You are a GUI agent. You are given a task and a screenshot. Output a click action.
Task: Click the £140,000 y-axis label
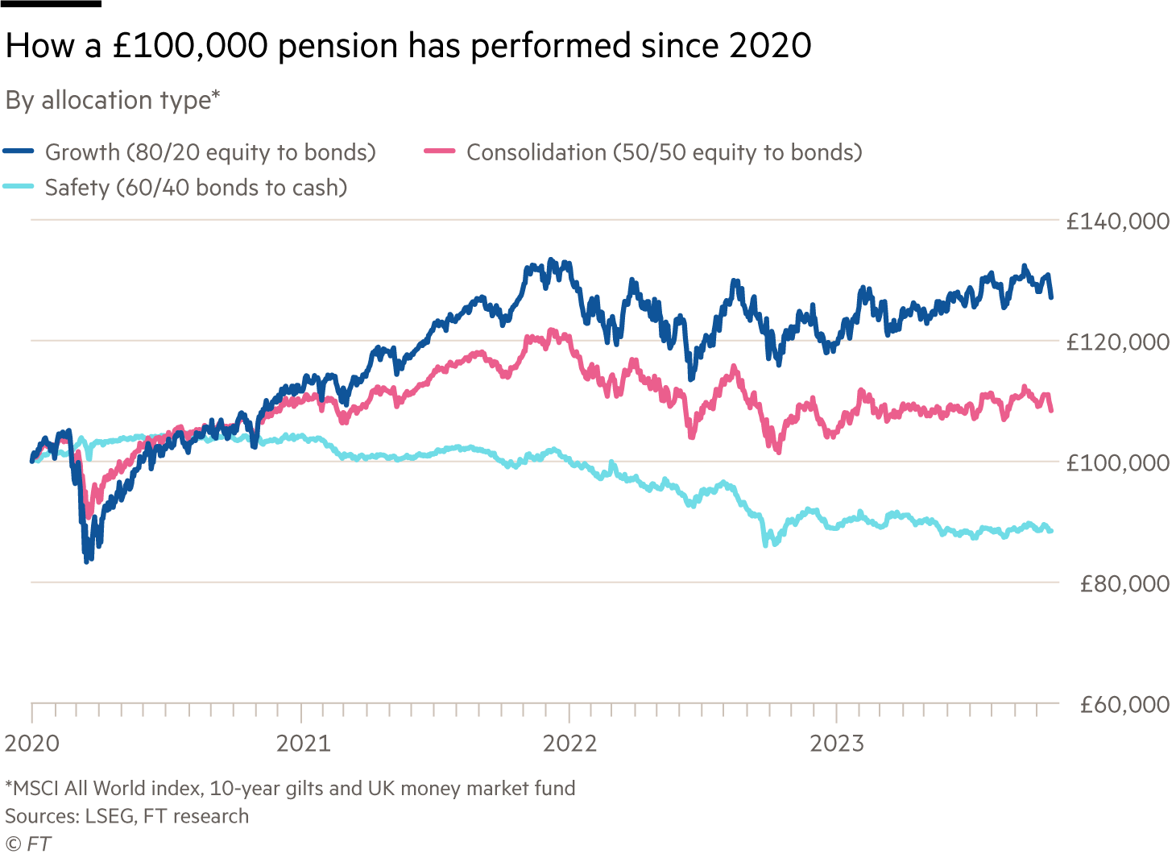click(1117, 222)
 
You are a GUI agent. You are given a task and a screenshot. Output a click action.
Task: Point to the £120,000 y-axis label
click(1117, 342)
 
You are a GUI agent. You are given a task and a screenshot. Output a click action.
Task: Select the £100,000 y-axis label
click(1117, 463)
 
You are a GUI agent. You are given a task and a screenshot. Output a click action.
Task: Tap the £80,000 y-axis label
click(1124, 584)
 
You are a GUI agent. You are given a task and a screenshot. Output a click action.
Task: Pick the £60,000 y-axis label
click(1124, 705)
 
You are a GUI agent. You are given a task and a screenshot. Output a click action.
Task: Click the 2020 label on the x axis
click(32, 743)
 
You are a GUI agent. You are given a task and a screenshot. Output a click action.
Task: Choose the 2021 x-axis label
click(303, 743)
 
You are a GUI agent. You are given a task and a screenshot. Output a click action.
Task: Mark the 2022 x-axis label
click(569, 743)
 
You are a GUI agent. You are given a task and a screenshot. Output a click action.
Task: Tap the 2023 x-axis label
click(836, 743)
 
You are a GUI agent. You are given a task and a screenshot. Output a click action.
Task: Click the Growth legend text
click(210, 152)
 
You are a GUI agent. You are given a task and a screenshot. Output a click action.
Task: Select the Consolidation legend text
click(664, 152)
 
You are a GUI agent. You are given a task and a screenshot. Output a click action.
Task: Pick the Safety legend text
click(196, 188)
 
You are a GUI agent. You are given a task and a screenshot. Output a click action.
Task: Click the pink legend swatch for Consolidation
click(440, 151)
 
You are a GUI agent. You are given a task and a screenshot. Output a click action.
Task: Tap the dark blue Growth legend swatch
click(19, 151)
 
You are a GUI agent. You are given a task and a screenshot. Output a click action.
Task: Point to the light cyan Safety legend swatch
click(19, 187)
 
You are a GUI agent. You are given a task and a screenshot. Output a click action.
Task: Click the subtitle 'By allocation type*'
click(113, 101)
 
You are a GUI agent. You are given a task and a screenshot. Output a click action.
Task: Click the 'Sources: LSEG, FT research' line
click(126, 816)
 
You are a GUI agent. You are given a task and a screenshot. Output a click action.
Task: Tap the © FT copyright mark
click(27, 843)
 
